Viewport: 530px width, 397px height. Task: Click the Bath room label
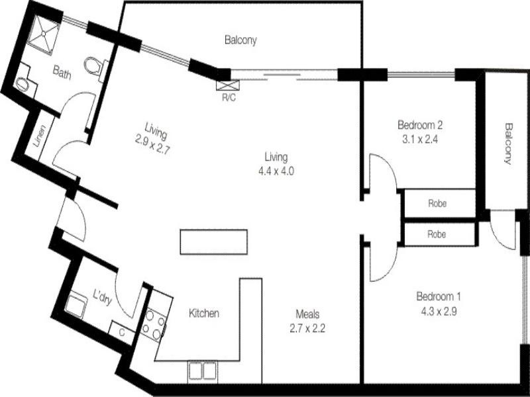click(62, 75)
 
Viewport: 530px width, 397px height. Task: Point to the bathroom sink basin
click(23, 84)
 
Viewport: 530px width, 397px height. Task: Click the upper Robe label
click(437, 204)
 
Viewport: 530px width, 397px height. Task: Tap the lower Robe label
click(437, 234)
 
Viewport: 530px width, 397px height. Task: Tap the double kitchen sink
click(202, 371)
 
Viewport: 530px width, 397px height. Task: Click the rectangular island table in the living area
click(213, 241)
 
